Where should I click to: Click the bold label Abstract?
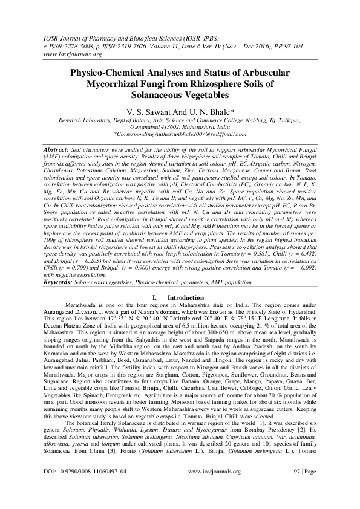(x=56, y=148)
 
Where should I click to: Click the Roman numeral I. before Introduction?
(x=155, y=297)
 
